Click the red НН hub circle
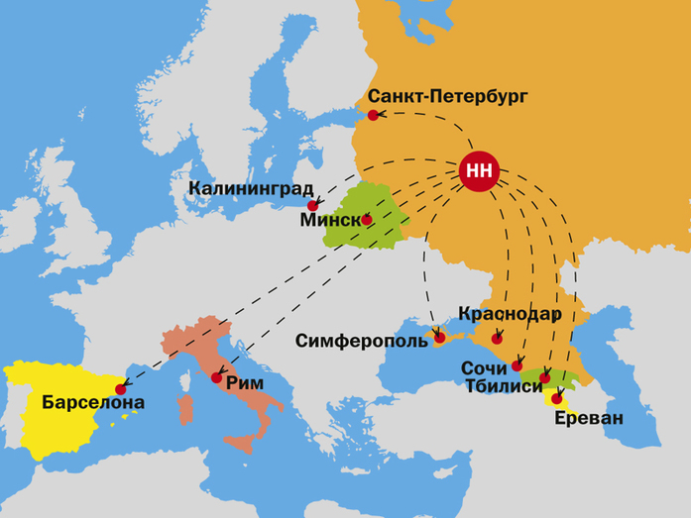coord(480,171)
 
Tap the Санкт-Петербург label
coord(449,96)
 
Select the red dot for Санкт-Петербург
coord(373,116)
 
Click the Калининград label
coord(250,188)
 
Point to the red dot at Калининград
coord(312,206)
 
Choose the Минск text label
coord(329,220)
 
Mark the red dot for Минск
coord(367,219)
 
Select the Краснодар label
coord(511,314)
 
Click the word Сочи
coord(484,367)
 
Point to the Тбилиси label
coord(504,386)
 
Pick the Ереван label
coord(589,418)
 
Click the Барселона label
coord(93,403)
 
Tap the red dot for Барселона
coord(122,389)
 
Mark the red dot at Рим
coord(216,377)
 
